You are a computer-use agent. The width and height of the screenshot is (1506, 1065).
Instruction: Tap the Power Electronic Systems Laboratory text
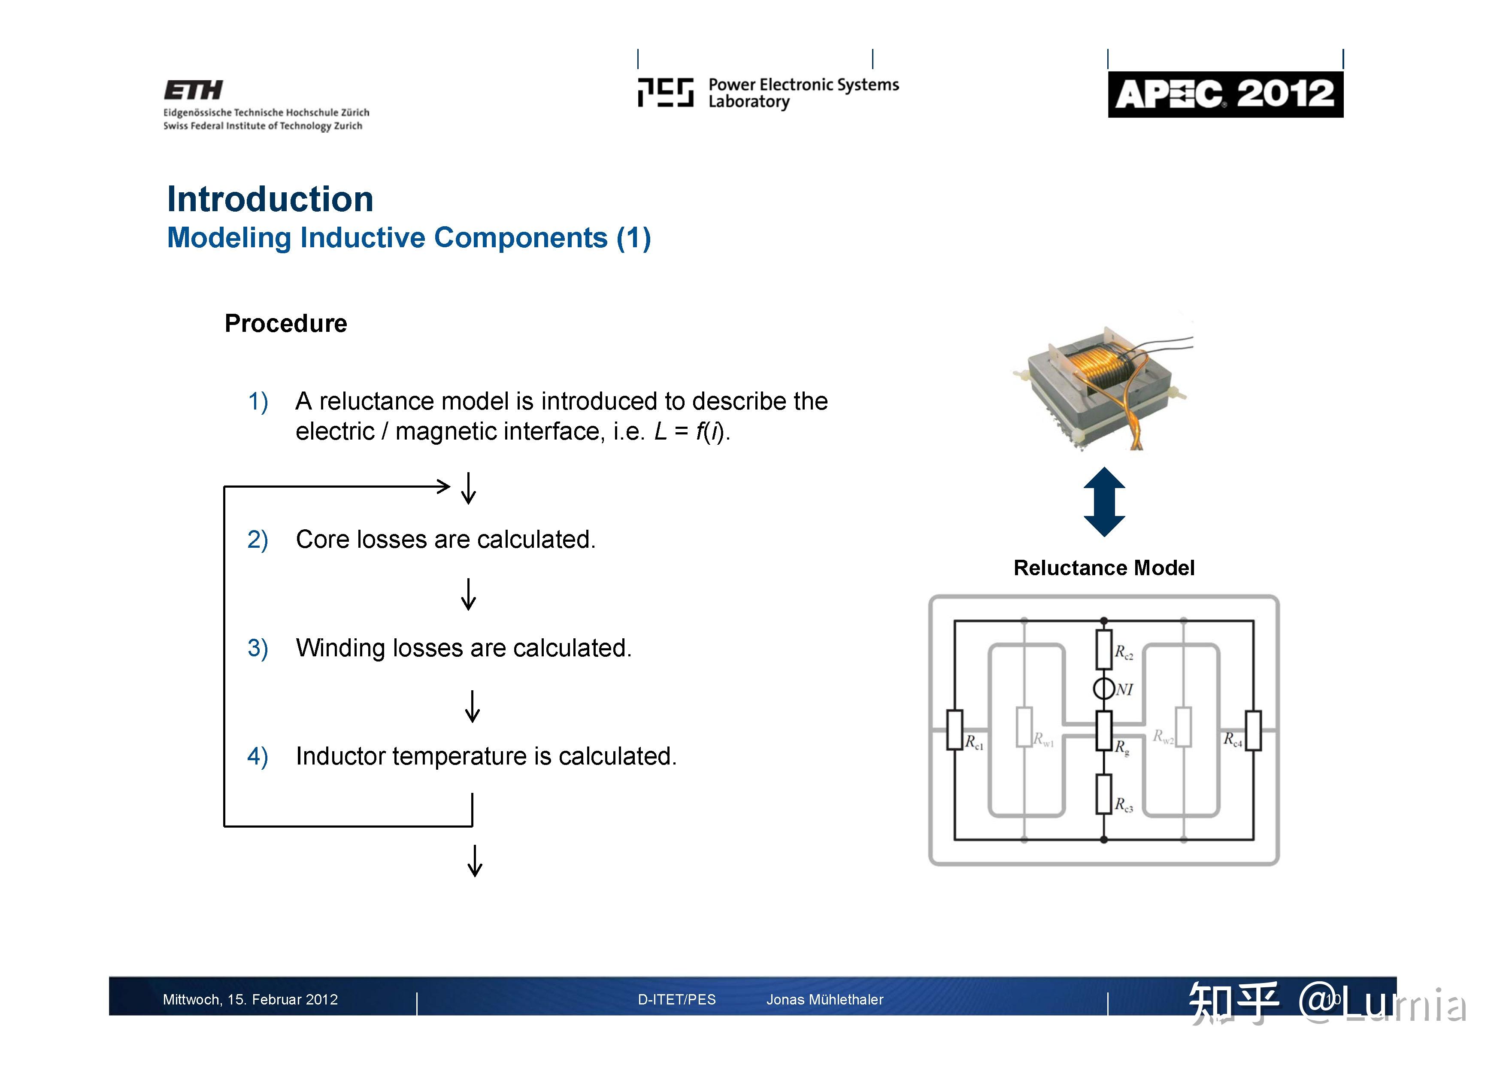[803, 93]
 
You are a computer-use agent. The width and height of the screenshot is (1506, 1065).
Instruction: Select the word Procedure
[285, 324]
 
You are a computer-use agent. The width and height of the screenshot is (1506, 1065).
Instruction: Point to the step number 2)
[257, 540]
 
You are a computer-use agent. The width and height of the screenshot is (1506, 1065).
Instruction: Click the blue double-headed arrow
[1104, 502]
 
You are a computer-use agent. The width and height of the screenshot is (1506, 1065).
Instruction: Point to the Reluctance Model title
[1103, 567]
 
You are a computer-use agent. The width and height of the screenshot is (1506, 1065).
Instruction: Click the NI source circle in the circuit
[1103, 689]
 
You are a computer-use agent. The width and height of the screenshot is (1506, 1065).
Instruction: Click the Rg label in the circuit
[1121, 747]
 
